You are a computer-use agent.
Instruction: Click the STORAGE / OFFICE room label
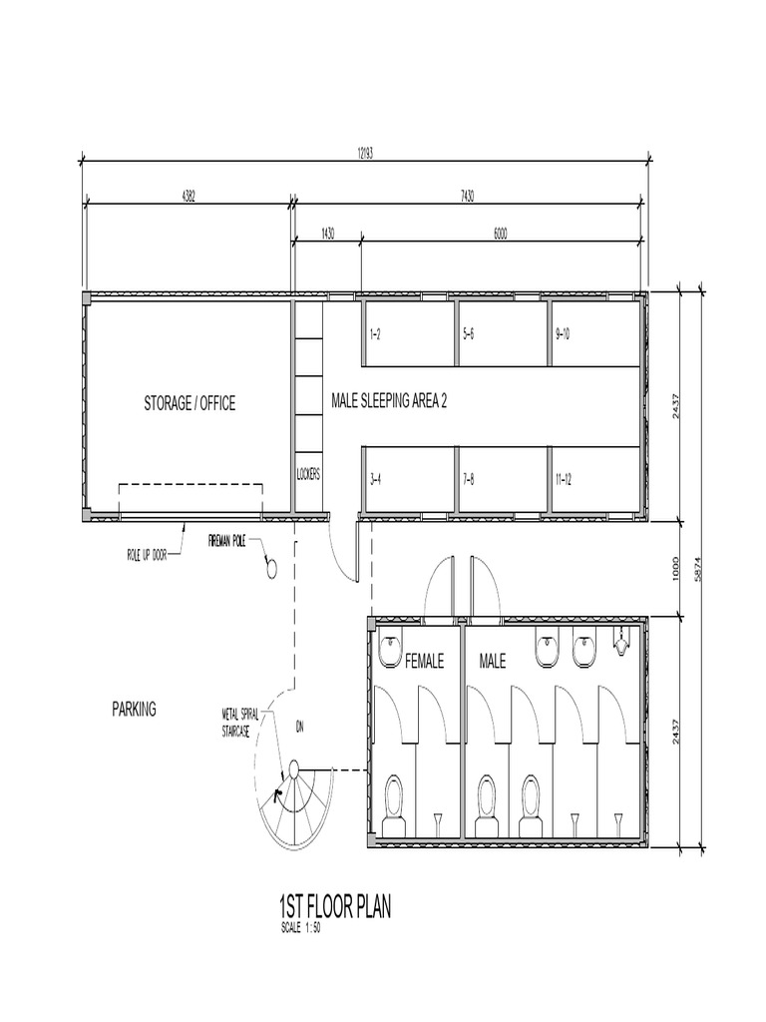[x=190, y=404]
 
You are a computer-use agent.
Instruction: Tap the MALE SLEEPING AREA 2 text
[x=389, y=401]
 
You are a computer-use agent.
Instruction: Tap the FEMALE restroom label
[x=424, y=661]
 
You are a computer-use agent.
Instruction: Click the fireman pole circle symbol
[x=270, y=568]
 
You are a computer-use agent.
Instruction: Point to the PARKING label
[x=134, y=710]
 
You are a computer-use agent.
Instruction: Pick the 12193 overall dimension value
[x=364, y=154]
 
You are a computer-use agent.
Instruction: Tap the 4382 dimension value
[x=188, y=196]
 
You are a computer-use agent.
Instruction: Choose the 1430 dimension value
[x=327, y=234]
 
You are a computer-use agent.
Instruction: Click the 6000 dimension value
[x=500, y=234]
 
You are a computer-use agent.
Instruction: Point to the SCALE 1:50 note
[x=300, y=926]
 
